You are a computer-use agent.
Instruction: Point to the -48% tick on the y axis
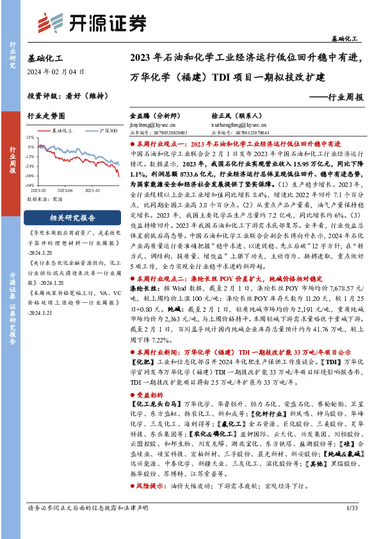pos(29,184)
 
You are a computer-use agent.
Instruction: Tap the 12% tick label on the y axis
pos(31,138)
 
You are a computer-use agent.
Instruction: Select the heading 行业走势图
pos(47,117)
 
